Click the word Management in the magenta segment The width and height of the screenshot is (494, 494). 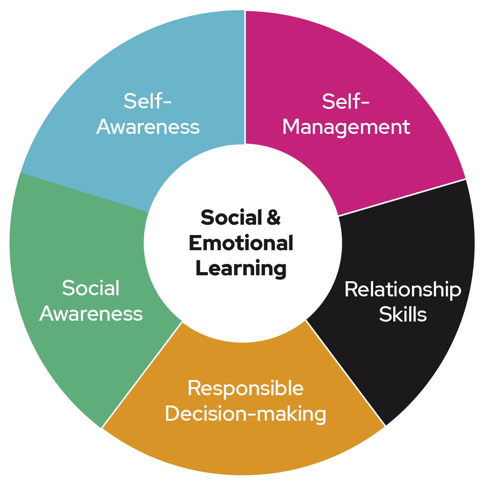click(x=346, y=127)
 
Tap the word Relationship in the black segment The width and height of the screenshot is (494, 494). click(x=402, y=289)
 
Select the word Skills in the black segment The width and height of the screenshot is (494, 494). click(x=403, y=315)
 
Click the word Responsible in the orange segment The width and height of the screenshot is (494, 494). click(x=245, y=388)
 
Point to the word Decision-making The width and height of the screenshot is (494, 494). click(x=245, y=414)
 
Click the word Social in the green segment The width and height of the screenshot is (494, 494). click(x=91, y=288)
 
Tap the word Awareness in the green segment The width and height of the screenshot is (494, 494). click(x=91, y=314)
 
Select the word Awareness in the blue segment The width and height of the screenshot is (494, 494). click(x=148, y=127)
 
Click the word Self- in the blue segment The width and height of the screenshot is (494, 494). click(x=147, y=101)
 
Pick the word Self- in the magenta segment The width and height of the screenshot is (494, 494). click(x=346, y=102)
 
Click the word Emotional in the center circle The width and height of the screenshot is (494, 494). click(x=241, y=243)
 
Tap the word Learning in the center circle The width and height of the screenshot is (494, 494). click(x=241, y=269)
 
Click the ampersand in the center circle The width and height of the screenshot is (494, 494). click(x=274, y=218)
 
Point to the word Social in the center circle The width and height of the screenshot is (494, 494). click(x=231, y=218)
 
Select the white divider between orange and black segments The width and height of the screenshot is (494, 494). click(x=346, y=374)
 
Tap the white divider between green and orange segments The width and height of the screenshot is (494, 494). click(x=142, y=374)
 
